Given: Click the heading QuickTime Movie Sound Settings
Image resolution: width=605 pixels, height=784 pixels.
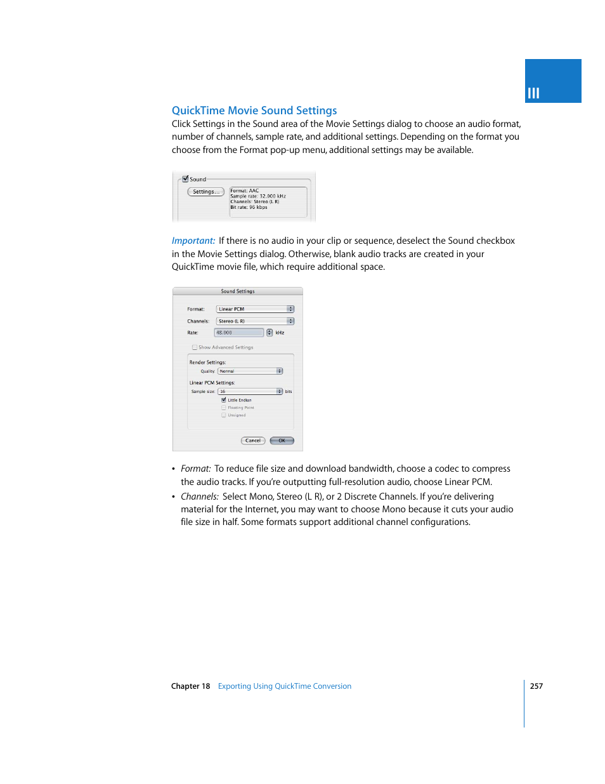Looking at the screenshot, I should (x=254, y=110).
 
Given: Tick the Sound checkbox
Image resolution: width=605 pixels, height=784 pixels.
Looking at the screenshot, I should (x=185, y=179).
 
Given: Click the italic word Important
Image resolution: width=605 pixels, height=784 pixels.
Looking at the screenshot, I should (x=193, y=241).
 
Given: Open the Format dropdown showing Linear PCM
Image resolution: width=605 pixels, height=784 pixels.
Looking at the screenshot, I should (x=255, y=309).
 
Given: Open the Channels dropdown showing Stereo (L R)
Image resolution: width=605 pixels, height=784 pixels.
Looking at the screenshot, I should (x=255, y=321).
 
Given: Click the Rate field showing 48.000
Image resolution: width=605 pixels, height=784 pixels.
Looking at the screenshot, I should (x=238, y=333).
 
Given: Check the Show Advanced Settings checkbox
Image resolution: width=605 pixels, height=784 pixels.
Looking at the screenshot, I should (x=195, y=347).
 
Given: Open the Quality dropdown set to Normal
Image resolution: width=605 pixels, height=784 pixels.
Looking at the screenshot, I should (x=250, y=371).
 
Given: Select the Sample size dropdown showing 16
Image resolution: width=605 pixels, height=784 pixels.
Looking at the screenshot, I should (x=250, y=392).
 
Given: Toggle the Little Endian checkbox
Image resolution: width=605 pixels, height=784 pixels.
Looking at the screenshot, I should (x=224, y=400).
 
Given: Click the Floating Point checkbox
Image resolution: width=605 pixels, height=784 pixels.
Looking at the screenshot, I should (x=224, y=408).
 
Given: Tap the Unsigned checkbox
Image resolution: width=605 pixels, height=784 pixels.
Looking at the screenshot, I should (x=224, y=415).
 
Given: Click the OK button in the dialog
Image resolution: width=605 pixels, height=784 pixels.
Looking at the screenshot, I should (x=282, y=441).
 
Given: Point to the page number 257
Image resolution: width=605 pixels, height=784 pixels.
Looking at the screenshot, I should (x=537, y=686).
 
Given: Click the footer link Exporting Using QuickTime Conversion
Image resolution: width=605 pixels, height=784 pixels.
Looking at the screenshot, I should (x=285, y=686).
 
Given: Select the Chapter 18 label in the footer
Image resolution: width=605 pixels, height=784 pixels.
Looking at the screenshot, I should (x=190, y=686).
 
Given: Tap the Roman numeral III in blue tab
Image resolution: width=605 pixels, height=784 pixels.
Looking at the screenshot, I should (x=533, y=93).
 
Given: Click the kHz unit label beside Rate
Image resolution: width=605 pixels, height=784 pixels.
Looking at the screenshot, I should (x=280, y=333).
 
